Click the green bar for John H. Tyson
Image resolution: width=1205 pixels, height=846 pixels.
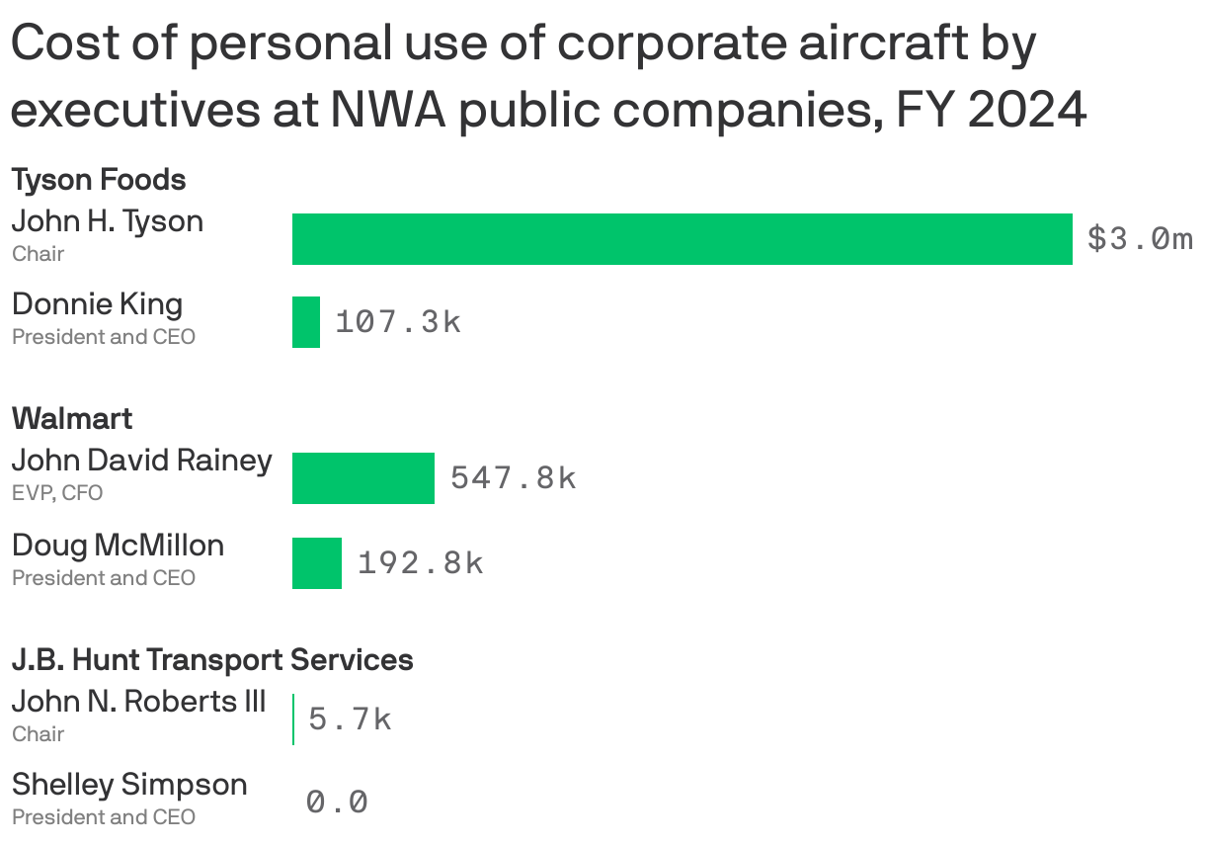click(682, 239)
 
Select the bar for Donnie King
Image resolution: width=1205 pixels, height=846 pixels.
click(306, 322)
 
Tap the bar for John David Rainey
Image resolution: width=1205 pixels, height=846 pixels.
click(362, 478)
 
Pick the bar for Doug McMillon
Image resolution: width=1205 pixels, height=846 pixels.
click(316, 563)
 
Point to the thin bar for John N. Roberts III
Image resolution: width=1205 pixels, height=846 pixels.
click(293, 719)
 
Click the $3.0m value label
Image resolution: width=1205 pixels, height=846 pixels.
click(1140, 239)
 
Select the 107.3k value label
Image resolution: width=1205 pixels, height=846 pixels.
click(398, 322)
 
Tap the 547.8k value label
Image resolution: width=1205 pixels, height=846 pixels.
click(513, 478)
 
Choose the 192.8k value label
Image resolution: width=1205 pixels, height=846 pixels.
click(420, 563)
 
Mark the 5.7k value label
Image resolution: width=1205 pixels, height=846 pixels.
click(350, 719)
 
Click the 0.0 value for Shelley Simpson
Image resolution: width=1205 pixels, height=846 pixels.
click(337, 802)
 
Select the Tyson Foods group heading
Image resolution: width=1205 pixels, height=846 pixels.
click(99, 180)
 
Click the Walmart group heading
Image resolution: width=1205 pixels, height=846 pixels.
click(72, 419)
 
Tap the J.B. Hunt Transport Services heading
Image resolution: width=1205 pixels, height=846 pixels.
click(212, 659)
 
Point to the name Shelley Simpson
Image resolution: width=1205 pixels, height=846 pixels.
click(129, 785)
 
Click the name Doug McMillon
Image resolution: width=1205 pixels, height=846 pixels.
click(118, 546)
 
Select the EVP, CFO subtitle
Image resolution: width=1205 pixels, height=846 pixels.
click(57, 493)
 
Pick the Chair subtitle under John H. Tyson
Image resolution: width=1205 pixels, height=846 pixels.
click(38, 254)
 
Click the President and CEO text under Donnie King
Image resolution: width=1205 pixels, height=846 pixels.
click(104, 337)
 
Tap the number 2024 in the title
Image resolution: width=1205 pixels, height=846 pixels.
click(1027, 111)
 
